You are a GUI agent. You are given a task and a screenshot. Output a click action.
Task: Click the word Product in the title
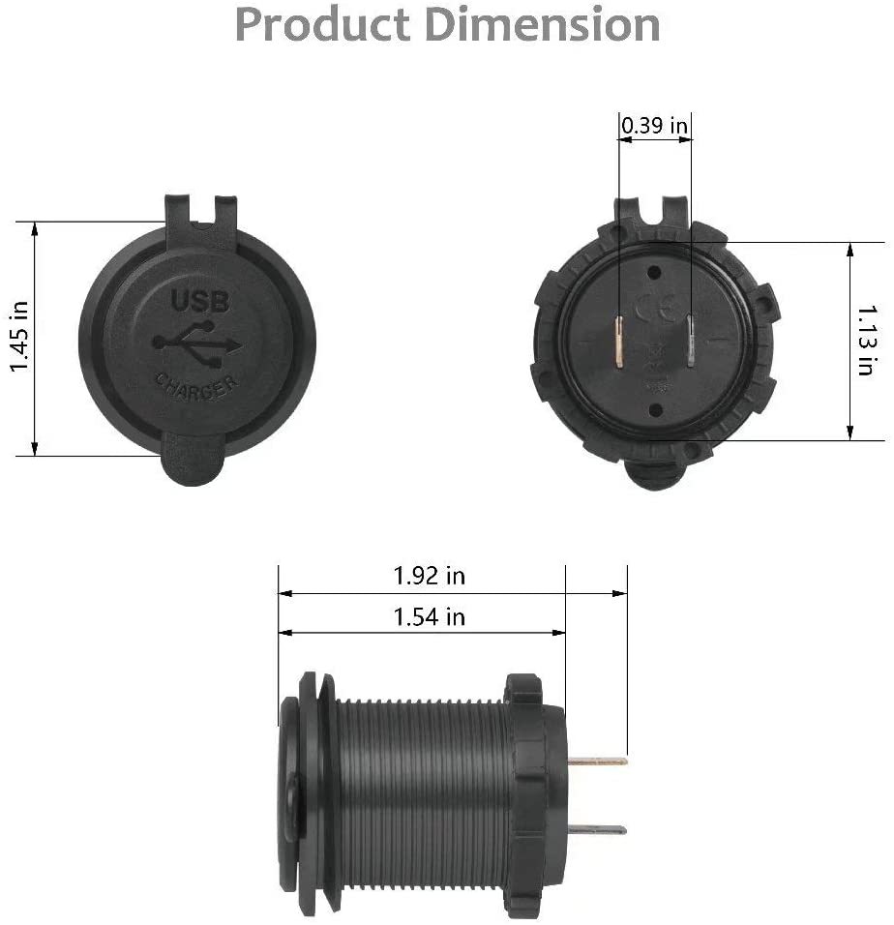(322, 24)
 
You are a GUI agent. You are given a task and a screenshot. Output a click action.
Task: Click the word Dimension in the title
(542, 24)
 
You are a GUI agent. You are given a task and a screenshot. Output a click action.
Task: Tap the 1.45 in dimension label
(19, 337)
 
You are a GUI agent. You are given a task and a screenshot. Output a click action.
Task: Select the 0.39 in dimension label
(655, 125)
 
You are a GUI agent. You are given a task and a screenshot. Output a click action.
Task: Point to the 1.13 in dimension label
(865, 341)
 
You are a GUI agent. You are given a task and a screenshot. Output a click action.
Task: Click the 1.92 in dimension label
(429, 576)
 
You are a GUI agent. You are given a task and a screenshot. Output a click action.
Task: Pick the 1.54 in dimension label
(429, 617)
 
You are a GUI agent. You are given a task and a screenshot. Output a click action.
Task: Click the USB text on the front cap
(200, 301)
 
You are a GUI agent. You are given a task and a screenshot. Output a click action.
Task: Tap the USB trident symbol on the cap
(197, 343)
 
